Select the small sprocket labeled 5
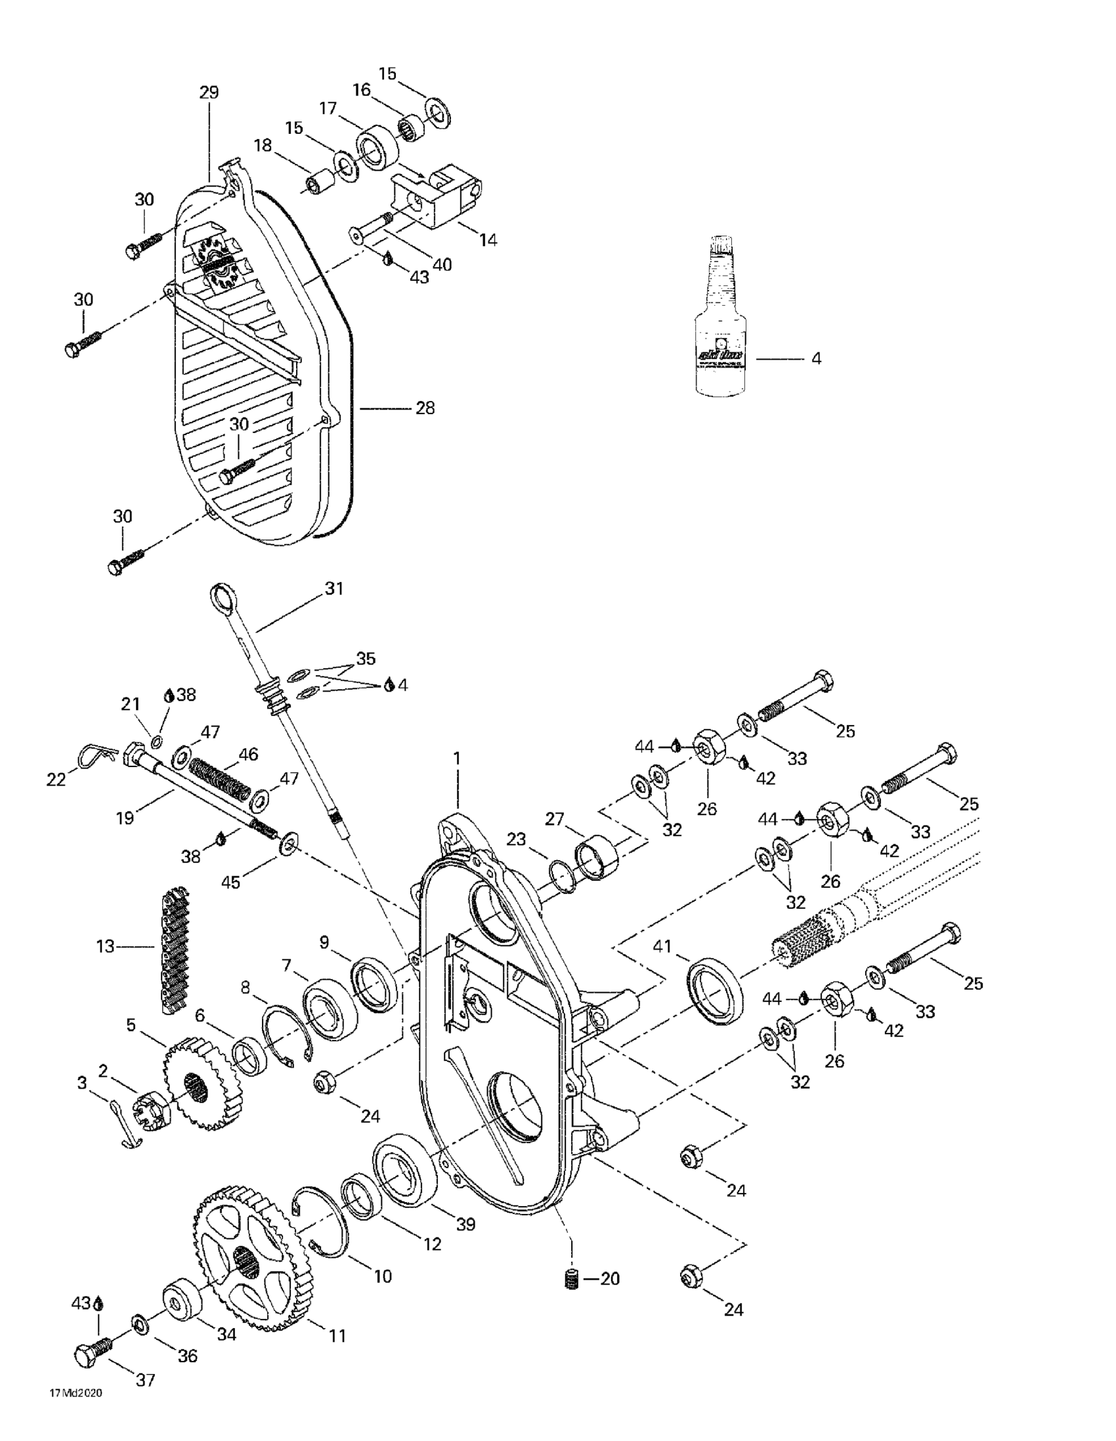[x=198, y=1077]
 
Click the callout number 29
[x=209, y=93]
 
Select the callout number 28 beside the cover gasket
[x=425, y=408]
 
